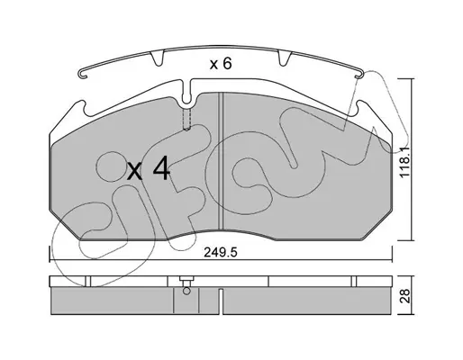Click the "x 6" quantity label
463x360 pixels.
coord(221,64)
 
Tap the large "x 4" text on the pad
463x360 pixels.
coord(149,171)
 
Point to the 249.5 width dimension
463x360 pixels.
coord(221,253)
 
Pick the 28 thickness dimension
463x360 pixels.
coord(405,296)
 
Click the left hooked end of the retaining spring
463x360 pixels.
coord(83,74)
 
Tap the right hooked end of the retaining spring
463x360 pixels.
coord(359,74)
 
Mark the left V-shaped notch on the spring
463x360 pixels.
coord(158,58)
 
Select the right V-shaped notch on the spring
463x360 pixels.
coord(285,58)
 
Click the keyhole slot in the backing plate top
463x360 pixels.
coord(186,93)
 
